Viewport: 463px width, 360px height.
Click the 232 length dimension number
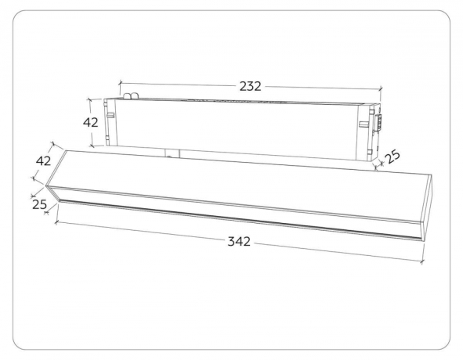coord(250,86)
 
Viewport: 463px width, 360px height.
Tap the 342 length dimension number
coord(239,242)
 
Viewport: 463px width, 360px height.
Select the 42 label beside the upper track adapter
coord(91,122)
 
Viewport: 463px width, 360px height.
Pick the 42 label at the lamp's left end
coord(44,160)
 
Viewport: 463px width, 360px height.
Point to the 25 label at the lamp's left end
coord(40,204)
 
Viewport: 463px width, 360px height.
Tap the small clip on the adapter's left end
coord(111,116)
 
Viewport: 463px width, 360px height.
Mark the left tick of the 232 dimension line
coord(118,81)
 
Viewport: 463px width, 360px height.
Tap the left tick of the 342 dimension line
coord(56,222)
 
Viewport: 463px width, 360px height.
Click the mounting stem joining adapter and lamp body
coord(172,152)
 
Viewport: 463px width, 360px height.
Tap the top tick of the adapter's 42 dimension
coord(93,99)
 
